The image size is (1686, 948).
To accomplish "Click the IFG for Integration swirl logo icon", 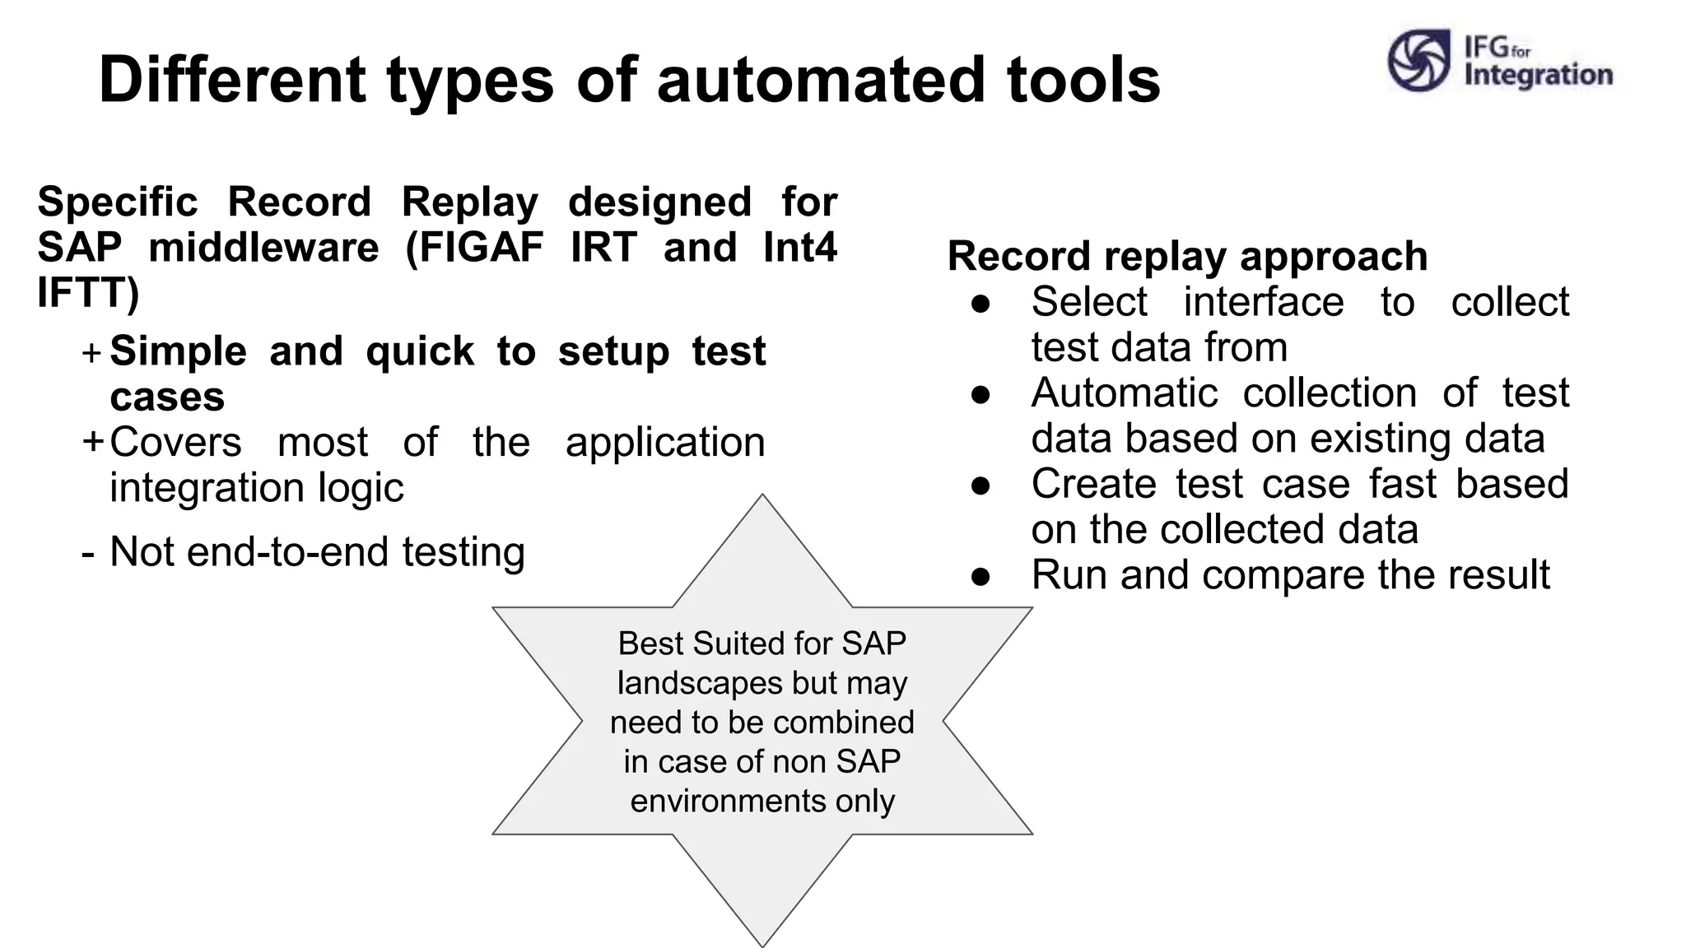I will [x=1418, y=60].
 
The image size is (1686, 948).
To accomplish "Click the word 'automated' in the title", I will [x=821, y=80].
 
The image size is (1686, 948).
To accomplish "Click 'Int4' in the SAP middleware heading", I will [x=799, y=247].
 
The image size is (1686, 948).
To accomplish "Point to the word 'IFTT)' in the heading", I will [x=88, y=292].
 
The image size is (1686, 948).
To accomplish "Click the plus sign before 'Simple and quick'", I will [x=92, y=353].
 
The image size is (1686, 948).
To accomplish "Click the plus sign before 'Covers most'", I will [x=92, y=442].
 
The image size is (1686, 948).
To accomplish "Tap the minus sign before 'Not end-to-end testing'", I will [x=88, y=553].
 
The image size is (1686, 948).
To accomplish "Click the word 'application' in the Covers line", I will [x=665, y=443].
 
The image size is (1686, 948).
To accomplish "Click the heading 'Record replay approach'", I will [x=1187, y=256].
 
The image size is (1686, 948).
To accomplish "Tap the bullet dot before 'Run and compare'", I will [x=980, y=576].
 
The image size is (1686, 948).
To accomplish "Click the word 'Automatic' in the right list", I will [x=1124, y=393].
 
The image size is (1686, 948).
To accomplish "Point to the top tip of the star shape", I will [x=762, y=497].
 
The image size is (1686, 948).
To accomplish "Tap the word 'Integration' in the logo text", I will [x=1538, y=75].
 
